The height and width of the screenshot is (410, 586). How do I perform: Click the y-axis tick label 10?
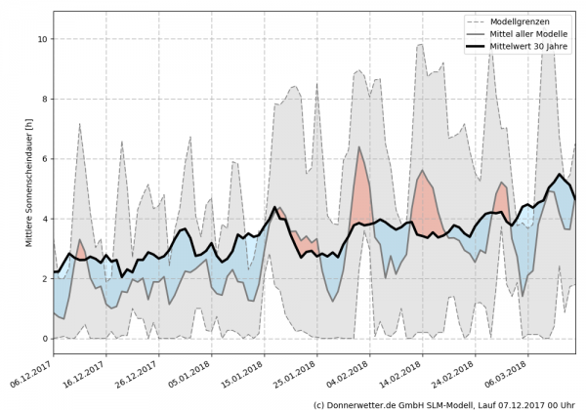click(x=42, y=39)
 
